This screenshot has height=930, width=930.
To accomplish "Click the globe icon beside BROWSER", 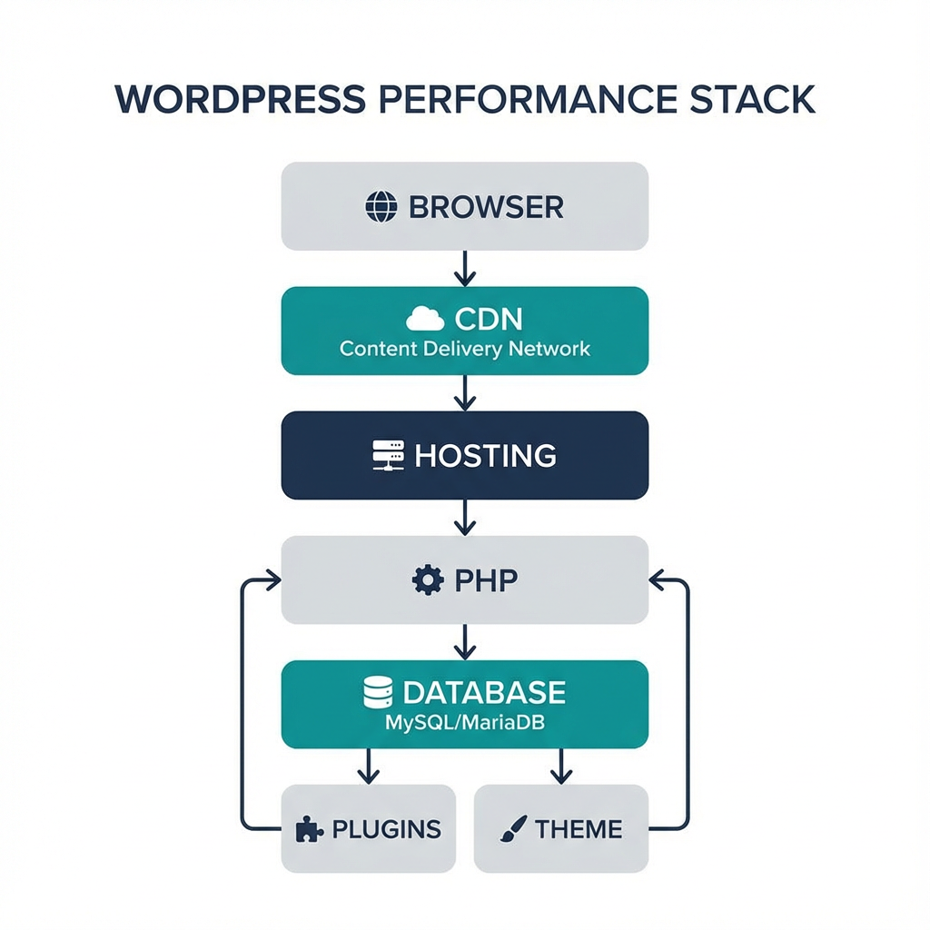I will point(381,207).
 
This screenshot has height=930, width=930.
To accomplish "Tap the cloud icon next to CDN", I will point(425,320).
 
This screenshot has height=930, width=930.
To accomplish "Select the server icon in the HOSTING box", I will point(389,455).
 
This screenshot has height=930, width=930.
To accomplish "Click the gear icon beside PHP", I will point(427,579).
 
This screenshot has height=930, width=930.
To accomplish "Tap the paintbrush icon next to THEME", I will point(512,829).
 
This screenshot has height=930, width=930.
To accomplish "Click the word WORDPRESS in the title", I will point(240,100).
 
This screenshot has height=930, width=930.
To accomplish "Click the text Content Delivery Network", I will point(465,349).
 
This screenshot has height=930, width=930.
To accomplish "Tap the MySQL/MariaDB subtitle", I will point(464,724).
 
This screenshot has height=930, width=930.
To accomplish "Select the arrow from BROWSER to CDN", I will point(465,268).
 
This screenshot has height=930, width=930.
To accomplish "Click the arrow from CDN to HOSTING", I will point(465,392).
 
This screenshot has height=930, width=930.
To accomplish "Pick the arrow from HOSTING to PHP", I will point(465,517).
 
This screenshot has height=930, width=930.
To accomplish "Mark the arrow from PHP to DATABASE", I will point(465,641).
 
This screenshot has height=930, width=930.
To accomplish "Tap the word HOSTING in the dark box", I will point(485,455).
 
